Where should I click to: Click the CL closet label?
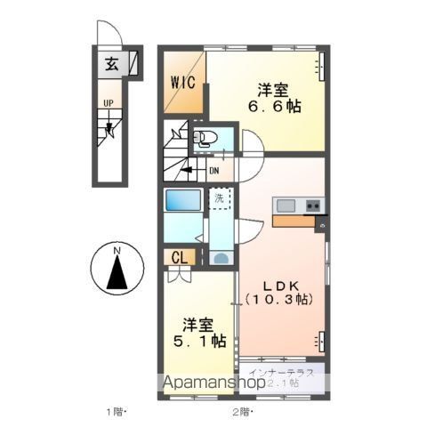pyautogui.click(x=179, y=258)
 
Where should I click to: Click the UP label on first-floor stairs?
pyautogui.click(x=108, y=102)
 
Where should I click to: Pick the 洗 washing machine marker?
pyautogui.click(x=219, y=198)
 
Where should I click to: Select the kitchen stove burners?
pyautogui.click(x=312, y=205)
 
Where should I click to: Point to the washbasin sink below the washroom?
pyautogui.click(x=220, y=257)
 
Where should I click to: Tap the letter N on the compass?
pyautogui.click(x=117, y=252)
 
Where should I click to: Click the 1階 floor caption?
pyautogui.click(x=116, y=412)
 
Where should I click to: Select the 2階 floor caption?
pyautogui.click(x=241, y=412)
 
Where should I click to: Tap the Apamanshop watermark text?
pyautogui.click(x=212, y=385)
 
